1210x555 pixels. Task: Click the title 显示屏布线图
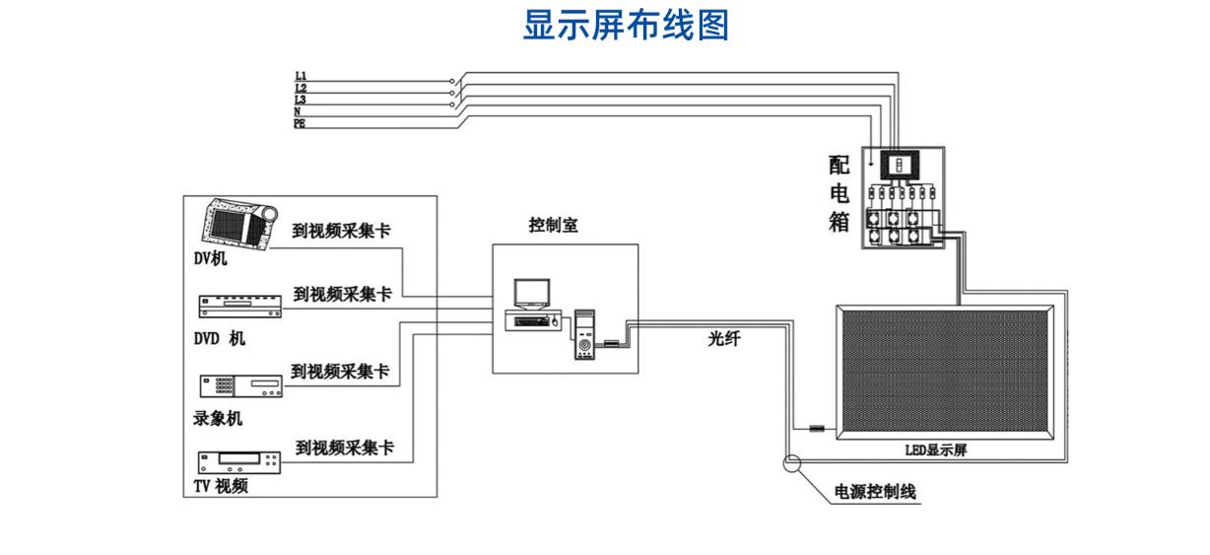pyautogui.click(x=626, y=25)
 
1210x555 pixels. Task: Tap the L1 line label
pyautogui.click(x=301, y=76)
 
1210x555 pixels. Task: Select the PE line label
pyautogui.click(x=300, y=124)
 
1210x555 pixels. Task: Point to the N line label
pyautogui.click(x=298, y=111)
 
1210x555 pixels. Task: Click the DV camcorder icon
pyautogui.click(x=240, y=225)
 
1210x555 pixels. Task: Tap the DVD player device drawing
pyautogui.click(x=240, y=307)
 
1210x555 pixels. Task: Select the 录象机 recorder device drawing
pyautogui.click(x=241, y=385)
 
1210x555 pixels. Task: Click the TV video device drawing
pyautogui.click(x=239, y=462)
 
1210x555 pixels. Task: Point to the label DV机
pyautogui.click(x=210, y=258)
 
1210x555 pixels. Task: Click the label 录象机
pyautogui.click(x=218, y=418)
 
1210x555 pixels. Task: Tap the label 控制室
pyautogui.click(x=553, y=225)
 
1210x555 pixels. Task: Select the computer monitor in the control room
pyautogui.click(x=532, y=294)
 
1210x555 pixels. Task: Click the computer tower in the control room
pyautogui.click(x=584, y=334)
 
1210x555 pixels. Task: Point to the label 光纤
pyautogui.click(x=724, y=339)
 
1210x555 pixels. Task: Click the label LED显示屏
pyautogui.click(x=936, y=451)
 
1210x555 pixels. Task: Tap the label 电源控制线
pyautogui.click(x=876, y=492)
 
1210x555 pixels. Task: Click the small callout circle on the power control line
pyautogui.click(x=792, y=463)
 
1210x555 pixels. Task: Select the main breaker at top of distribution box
pyautogui.click(x=900, y=165)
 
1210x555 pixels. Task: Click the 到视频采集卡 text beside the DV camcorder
pyautogui.click(x=341, y=231)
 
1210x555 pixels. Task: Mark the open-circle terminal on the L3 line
pyautogui.click(x=452, y=104)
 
